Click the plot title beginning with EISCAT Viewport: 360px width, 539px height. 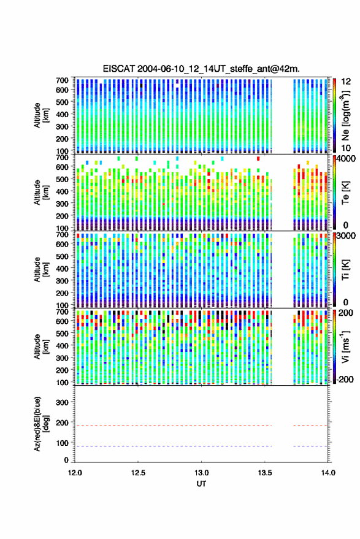(x=201, y=69)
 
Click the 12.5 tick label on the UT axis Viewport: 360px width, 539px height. (x=138, y=473)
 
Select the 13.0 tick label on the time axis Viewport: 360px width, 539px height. (x=201, y=473)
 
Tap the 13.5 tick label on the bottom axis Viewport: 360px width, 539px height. (x=264, y=473)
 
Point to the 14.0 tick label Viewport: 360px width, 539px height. (x=327, y=473)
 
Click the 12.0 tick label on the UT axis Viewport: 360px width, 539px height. (x=75, y=473)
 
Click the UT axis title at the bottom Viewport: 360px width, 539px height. (x=201, y=484)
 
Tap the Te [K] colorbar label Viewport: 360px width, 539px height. (x=345, y=193)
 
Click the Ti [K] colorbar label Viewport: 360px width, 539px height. (x=345, y=270)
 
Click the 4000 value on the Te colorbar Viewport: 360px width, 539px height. (x=346, y=159)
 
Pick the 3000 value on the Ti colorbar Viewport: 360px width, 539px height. (x=346, y=236)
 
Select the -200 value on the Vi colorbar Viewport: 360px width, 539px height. (x=345, y=379)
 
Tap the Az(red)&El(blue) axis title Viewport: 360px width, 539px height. (x=40, y=424)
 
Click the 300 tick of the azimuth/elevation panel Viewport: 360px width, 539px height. (x=62, y=402)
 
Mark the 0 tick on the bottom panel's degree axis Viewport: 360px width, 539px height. (x=66, y=460)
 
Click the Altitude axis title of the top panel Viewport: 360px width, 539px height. (x=40, y=115)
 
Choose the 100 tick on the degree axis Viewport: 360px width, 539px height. (x=62, y=443)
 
